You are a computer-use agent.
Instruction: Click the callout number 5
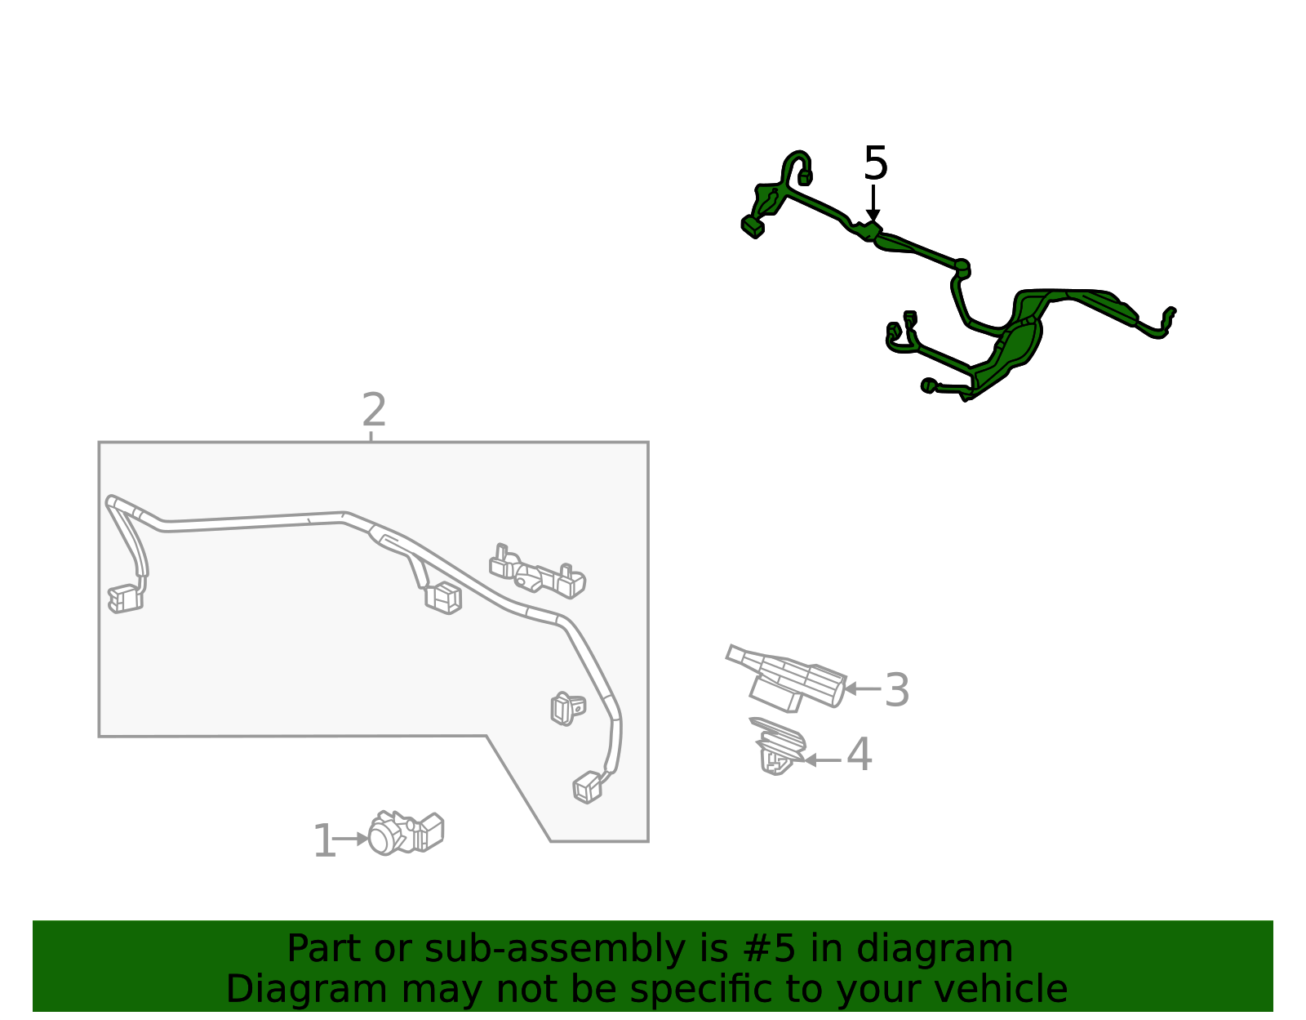click(x=875, y=163)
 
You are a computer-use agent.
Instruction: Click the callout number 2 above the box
click(x=373, y=410)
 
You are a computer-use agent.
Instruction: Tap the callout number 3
click(x=896, y=690)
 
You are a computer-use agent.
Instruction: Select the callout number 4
click(x=859, y=755)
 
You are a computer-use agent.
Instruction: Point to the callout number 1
click(x=324, y=841)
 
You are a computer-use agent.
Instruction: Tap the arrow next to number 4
click(x=822, y=759)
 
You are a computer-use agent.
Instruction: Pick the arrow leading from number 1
click(x=351, y=839)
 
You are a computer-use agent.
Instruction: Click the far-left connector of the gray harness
click(x=125, y=599)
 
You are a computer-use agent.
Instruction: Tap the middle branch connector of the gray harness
click(x=443, y=598)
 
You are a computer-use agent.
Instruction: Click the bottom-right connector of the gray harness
click(x=588, y=787)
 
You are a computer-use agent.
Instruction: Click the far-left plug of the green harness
click(x=753, y=226)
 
